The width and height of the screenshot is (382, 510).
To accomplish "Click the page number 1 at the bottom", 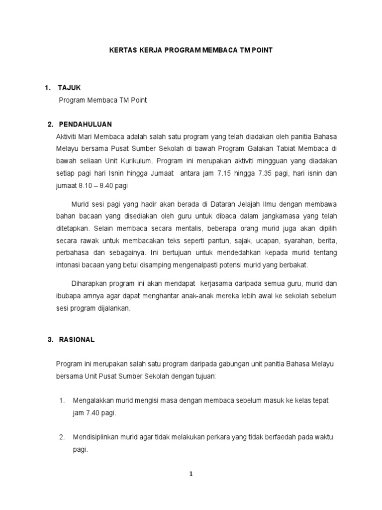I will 191,474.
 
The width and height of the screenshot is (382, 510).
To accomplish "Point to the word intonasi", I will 69,265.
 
